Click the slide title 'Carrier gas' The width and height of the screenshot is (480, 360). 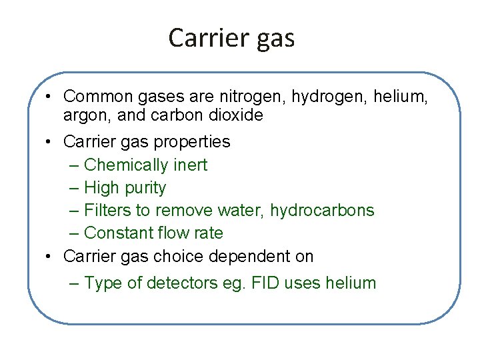pyautogui.click(x=231, y=38)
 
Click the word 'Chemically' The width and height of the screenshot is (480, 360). pyautogui.click(x=127, y=165)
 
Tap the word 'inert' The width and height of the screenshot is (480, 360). pyautogui.click(x=191, y=165)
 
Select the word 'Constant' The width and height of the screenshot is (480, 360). pyautogui.click(x=119, y=233)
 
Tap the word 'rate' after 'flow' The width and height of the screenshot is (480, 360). pyautogui.click(x=208, y=233)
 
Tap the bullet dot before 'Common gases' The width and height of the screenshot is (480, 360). pyautogui.click(x=50, y=98)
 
